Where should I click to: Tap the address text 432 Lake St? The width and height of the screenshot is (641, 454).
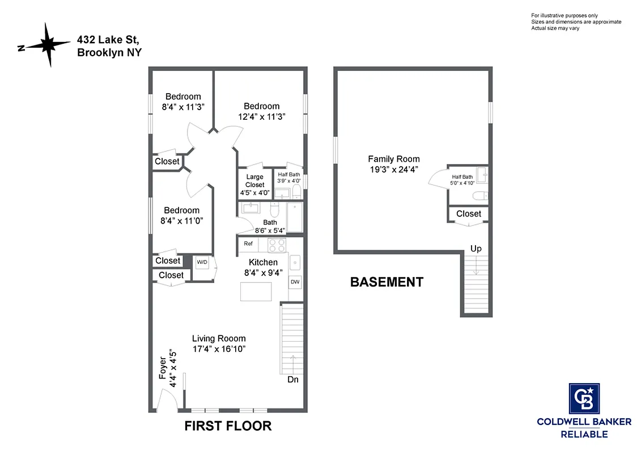coord(108,40)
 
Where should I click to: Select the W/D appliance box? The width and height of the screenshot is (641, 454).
coord(202,263)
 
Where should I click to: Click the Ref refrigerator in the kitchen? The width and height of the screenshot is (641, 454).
coord(248,243)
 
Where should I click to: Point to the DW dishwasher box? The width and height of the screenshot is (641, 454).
coord(295,282)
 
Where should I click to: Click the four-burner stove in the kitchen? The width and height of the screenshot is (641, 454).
coord(277,245)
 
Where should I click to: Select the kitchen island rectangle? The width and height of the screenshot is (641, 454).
coord(256,291)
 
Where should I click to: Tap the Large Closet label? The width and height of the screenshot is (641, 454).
coord(254,180)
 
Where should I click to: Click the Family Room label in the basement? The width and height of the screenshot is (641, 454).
coord(394,159)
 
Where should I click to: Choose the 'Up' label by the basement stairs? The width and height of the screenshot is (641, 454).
coord(476,249)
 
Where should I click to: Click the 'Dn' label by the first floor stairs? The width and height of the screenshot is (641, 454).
coord(292,379)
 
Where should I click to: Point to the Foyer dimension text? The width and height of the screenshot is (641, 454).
coord(168,371)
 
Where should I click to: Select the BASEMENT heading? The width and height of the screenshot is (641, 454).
coord(387,282)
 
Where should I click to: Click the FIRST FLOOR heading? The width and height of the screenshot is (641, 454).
coord(228,426)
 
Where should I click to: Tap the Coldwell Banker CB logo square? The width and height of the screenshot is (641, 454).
coord(584,398)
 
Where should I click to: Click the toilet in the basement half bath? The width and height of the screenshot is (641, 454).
coord(479,196)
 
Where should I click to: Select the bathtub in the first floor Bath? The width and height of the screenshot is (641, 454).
coord(295,218)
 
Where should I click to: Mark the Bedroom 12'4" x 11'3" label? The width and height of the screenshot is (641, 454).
coord(261,111)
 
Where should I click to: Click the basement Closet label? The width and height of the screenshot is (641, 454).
coord(469,213)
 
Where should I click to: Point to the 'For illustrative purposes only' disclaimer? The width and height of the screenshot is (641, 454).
coord(564,15)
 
